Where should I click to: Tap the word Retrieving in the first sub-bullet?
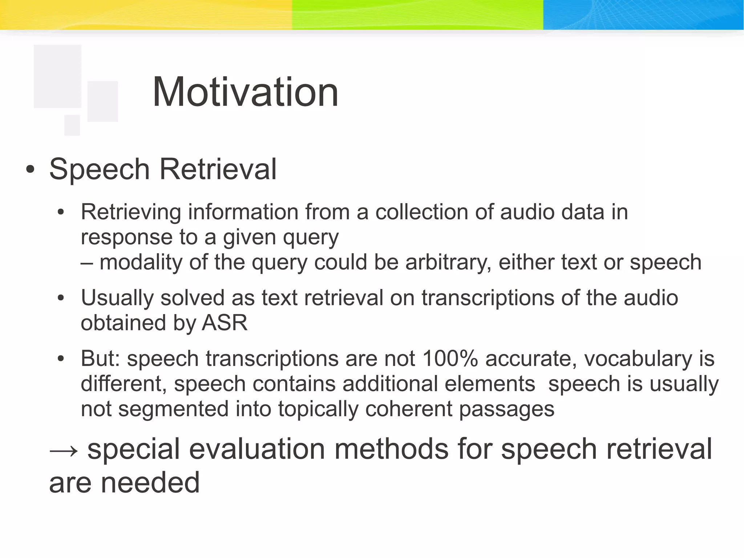tap(131, 212)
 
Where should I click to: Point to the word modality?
tap(141, 262)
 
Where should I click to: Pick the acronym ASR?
tap(225, 323)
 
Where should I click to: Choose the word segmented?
tap(173, 409)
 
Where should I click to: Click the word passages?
tap(506, 409)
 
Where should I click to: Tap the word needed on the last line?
tap(150, 483)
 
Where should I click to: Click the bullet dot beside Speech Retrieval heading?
tap(31, 170)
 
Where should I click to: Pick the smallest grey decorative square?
tap(72, 125)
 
